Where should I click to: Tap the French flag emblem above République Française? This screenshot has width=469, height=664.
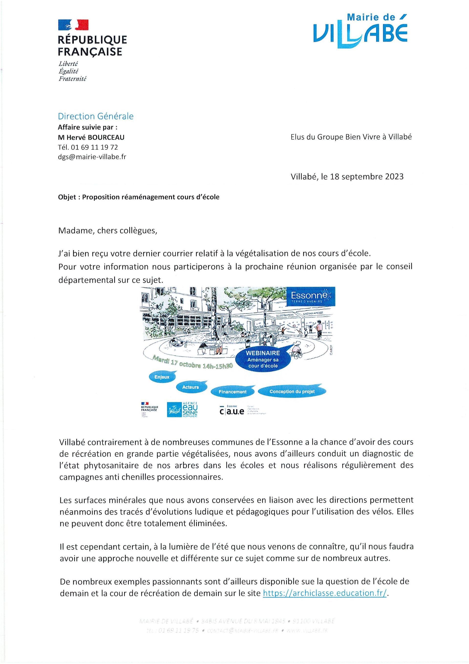(73, 25)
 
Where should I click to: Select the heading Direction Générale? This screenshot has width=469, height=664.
(96, 116)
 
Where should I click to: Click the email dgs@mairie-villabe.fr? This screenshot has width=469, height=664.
(92, 157)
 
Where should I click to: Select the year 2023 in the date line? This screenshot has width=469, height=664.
(392, 177)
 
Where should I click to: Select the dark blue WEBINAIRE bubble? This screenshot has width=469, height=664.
(263, 359)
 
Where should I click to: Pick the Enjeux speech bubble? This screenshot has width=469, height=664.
(162, 377)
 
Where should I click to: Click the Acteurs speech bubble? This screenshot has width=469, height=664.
(191, 387)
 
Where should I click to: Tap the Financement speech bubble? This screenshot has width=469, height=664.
(233, 392)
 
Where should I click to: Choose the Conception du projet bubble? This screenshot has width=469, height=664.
(292, 392)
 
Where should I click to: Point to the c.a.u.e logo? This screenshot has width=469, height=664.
(232, 411)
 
